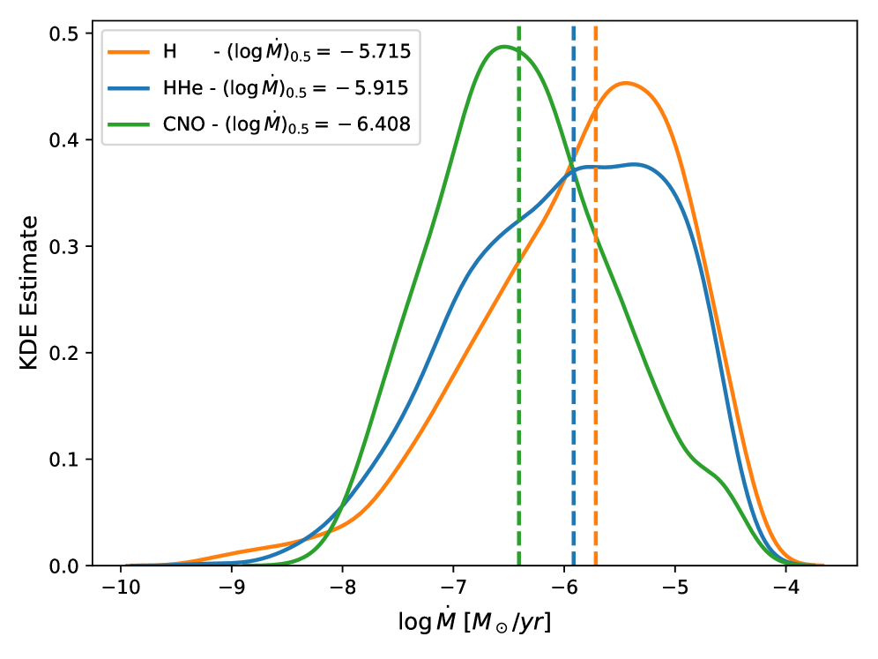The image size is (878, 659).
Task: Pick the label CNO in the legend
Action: [185, 125]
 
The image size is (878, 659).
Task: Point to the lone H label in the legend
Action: [169, 52]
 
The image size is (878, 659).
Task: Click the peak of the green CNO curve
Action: [504, 46]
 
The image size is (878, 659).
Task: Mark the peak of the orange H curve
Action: [626, 83]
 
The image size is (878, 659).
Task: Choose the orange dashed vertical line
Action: [596, 397]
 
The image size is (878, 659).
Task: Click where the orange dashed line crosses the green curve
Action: [596, 236]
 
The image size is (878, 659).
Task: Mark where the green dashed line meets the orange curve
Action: [518, 258]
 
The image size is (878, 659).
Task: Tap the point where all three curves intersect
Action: [572, 169]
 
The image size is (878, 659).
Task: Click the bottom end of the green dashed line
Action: [518, 562]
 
